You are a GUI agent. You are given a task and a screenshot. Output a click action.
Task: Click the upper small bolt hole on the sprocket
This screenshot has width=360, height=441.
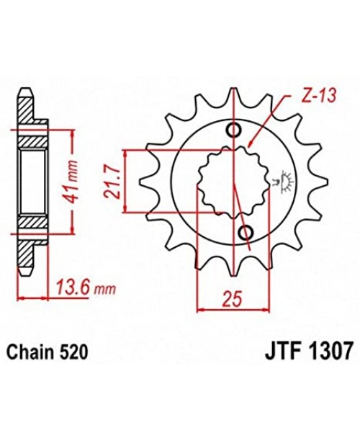pos(234,130)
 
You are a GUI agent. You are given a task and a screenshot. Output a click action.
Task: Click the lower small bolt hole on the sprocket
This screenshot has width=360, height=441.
pos(243,231)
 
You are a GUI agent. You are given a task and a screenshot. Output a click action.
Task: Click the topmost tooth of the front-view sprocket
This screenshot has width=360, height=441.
pos(233,96)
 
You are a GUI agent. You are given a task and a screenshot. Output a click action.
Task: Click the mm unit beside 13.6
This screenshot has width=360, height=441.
pos(105,290)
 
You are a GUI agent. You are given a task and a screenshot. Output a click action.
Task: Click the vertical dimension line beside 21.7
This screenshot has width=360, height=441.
pos(125,182)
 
